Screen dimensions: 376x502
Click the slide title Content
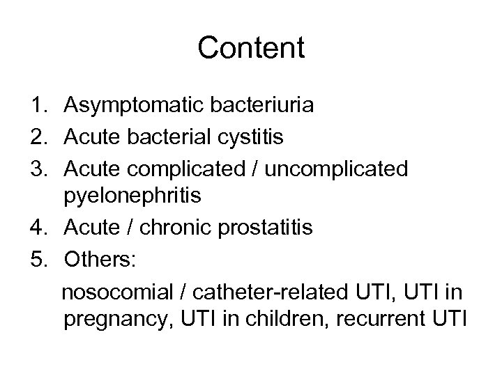[x=251, y=48]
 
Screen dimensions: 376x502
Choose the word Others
[x=102, y=258]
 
